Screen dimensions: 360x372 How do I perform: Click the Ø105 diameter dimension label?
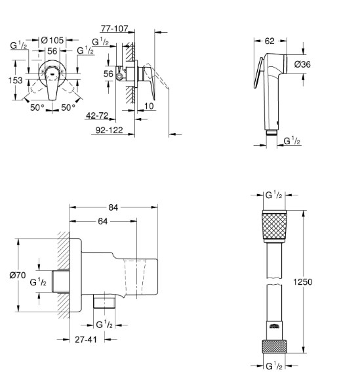52,40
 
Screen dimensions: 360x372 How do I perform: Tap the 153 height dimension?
16,81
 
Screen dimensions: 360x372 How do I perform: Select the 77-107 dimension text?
115,29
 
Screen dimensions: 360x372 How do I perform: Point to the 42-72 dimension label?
97,115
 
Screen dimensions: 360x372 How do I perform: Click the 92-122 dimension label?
109,130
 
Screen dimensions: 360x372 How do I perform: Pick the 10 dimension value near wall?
149,106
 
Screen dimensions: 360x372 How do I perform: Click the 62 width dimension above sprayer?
270,41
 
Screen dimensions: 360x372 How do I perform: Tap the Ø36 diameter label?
302,64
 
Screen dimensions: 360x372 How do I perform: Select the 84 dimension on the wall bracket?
113,207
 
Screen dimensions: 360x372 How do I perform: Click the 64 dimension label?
103,221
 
